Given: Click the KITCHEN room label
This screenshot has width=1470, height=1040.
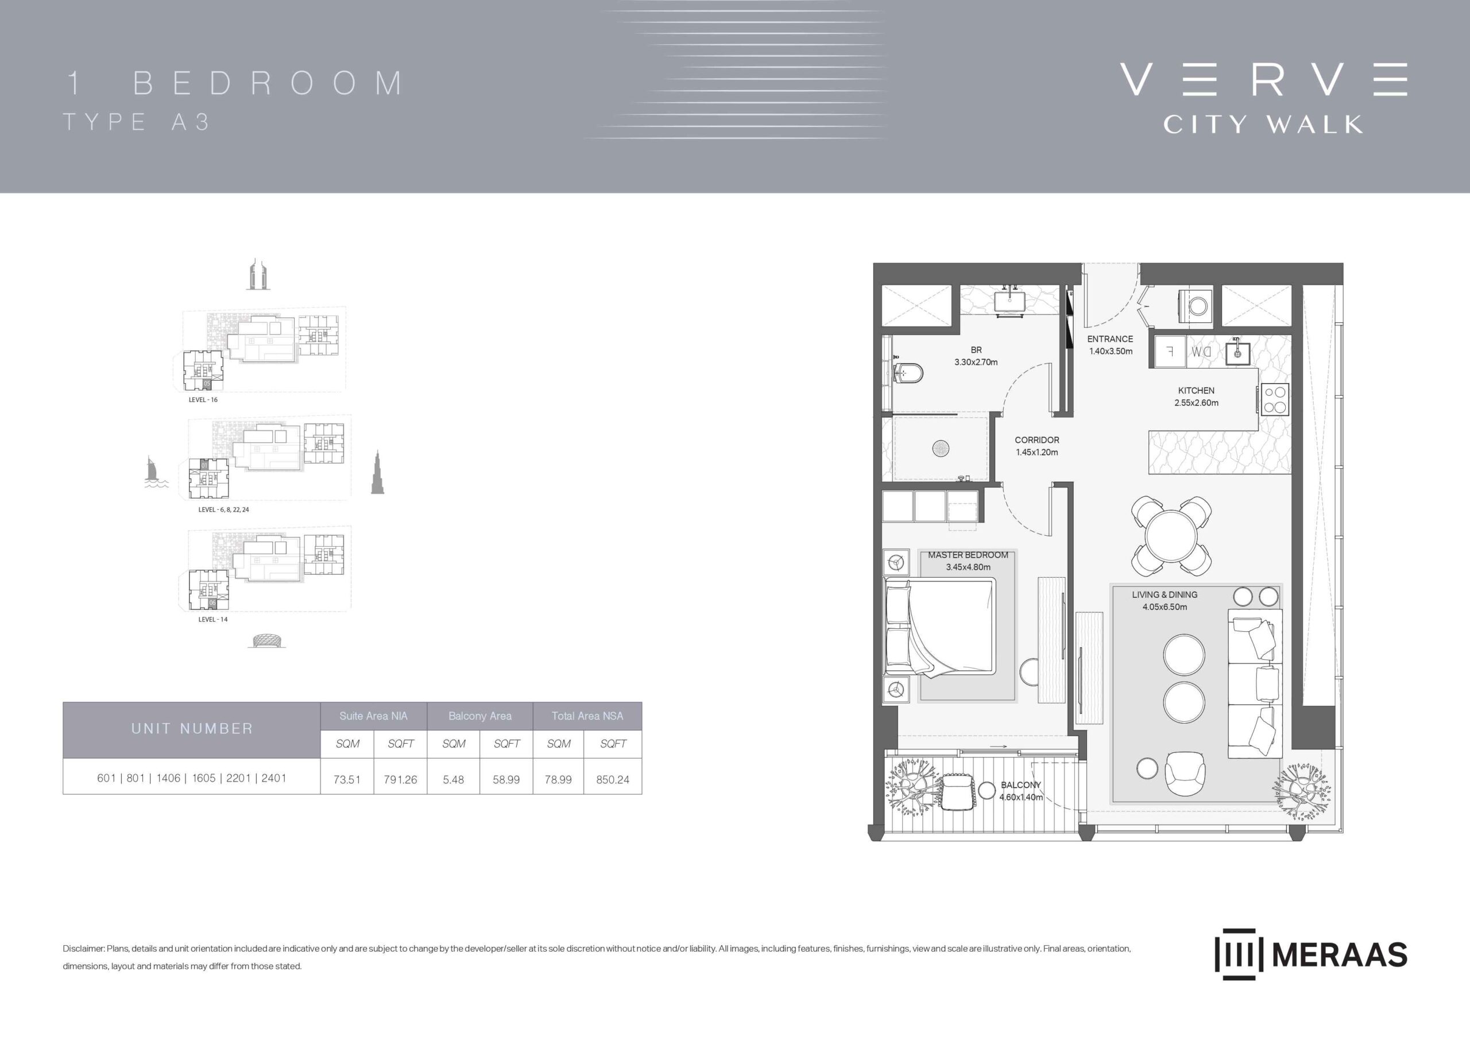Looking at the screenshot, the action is click(x=1196, y=390).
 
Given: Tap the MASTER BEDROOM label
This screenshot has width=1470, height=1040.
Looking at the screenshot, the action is click(x=968, y=555).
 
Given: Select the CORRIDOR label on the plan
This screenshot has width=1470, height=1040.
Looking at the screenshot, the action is click(x=1036, y=440).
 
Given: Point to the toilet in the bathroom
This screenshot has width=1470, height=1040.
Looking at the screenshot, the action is click(x=908, y=373).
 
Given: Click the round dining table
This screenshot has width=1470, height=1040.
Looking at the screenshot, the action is click(x=1171, y=535).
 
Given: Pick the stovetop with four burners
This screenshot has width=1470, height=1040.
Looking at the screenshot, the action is click(x=1275, y=399).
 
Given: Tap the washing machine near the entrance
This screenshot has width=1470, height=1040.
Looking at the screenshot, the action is click(x=1196, y=306).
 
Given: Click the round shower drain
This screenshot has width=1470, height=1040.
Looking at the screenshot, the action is click(x=941, y=449).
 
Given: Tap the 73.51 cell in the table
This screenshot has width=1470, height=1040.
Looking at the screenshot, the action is click(x=347, y=779).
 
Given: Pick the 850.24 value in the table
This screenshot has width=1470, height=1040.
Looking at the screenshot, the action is click(x=613, y=779).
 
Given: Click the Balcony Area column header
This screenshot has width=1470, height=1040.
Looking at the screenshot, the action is click(x=480, y=716).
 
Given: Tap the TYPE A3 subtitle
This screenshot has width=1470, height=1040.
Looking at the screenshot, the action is click(x=136, y=122).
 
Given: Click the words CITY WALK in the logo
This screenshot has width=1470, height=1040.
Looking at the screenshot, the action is click(x=1263, y=123).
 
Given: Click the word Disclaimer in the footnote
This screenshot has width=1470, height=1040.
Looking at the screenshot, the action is click(x=83, y=949).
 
